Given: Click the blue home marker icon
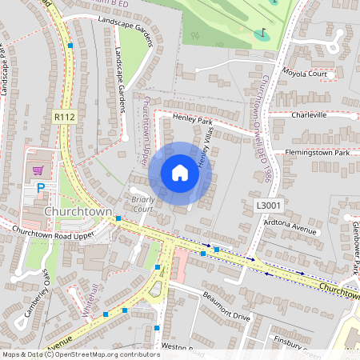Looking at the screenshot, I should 179,173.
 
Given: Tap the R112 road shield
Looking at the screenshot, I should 65,117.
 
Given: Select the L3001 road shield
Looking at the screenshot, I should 267,206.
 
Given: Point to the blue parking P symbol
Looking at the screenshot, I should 40,188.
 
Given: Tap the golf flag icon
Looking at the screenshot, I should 261,34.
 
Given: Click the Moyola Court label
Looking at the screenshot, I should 306,74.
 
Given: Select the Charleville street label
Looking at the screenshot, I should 309,114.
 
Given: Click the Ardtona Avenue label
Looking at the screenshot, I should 293,228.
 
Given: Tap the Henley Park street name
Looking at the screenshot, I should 193,121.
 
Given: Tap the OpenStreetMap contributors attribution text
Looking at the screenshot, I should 80,354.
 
